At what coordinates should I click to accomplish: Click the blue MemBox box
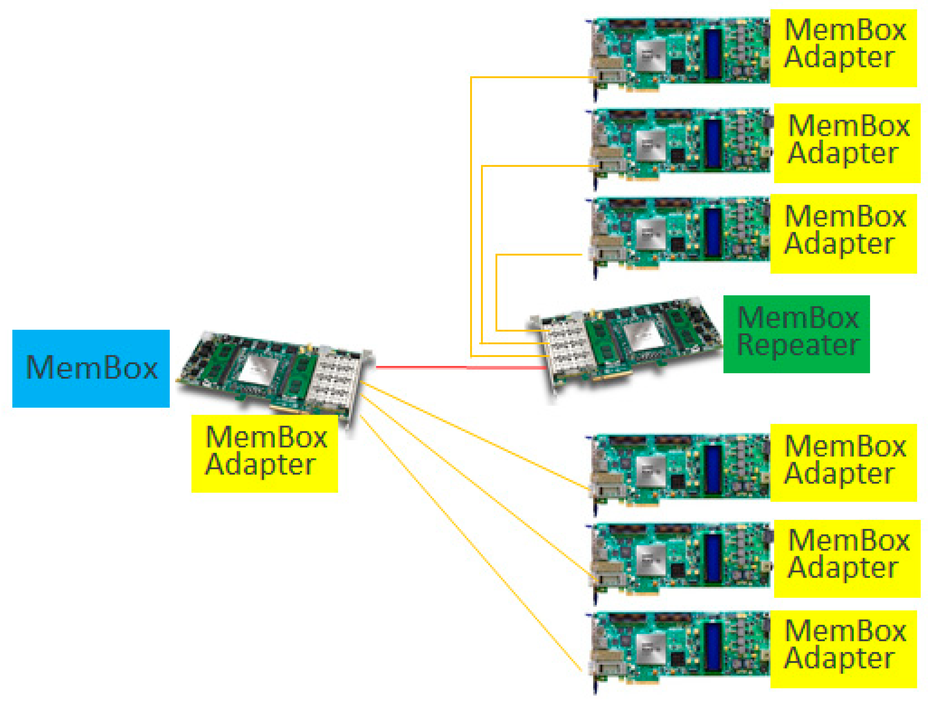pos(91,369)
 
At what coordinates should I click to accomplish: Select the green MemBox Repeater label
pos(796,334)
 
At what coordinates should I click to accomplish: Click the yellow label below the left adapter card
pos(264,454)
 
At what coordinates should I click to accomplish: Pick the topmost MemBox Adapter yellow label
pos(843,48)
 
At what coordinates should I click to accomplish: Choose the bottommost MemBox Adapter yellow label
pos(843,649)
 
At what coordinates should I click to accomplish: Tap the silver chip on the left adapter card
pos(256,370)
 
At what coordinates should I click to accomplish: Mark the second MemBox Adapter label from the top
pos(847,143)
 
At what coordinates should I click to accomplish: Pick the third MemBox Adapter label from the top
pos(843,234)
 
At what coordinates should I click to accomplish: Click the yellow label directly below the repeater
pos(843,463)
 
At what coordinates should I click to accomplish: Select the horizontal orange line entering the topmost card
pos(530,77)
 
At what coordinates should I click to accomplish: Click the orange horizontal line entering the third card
pos(538,254)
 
